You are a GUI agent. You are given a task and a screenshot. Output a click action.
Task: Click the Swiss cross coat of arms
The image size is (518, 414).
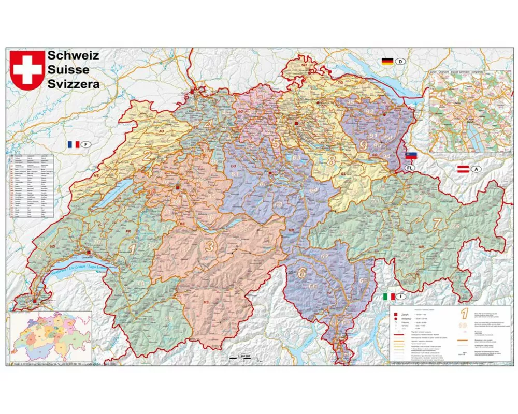point(26,70)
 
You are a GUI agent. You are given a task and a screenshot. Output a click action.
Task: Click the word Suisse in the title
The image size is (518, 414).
point(68,69)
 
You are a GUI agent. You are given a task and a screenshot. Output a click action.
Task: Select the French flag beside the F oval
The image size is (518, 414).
point(73,144)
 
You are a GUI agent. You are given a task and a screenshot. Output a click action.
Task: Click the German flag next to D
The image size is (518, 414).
point(387,62)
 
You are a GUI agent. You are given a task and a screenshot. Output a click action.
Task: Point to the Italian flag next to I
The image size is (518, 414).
point(388,297)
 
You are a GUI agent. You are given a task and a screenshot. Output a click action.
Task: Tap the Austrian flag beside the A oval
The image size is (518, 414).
point(463,169)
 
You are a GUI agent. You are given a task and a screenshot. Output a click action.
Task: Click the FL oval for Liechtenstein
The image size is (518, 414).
point(410,169)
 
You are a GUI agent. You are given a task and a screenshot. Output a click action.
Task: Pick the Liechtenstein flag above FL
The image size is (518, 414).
point(410,156)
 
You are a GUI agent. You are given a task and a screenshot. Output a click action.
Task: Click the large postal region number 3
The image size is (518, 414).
point(209,246)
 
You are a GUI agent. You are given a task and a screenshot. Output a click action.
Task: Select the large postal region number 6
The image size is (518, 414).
point(302,272)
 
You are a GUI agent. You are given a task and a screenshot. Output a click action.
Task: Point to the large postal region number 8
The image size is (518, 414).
point(330,160)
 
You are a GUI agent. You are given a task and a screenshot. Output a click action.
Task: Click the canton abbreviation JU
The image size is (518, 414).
point(161,131)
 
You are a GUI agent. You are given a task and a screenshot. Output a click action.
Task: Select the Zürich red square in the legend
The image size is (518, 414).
point(396,314)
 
